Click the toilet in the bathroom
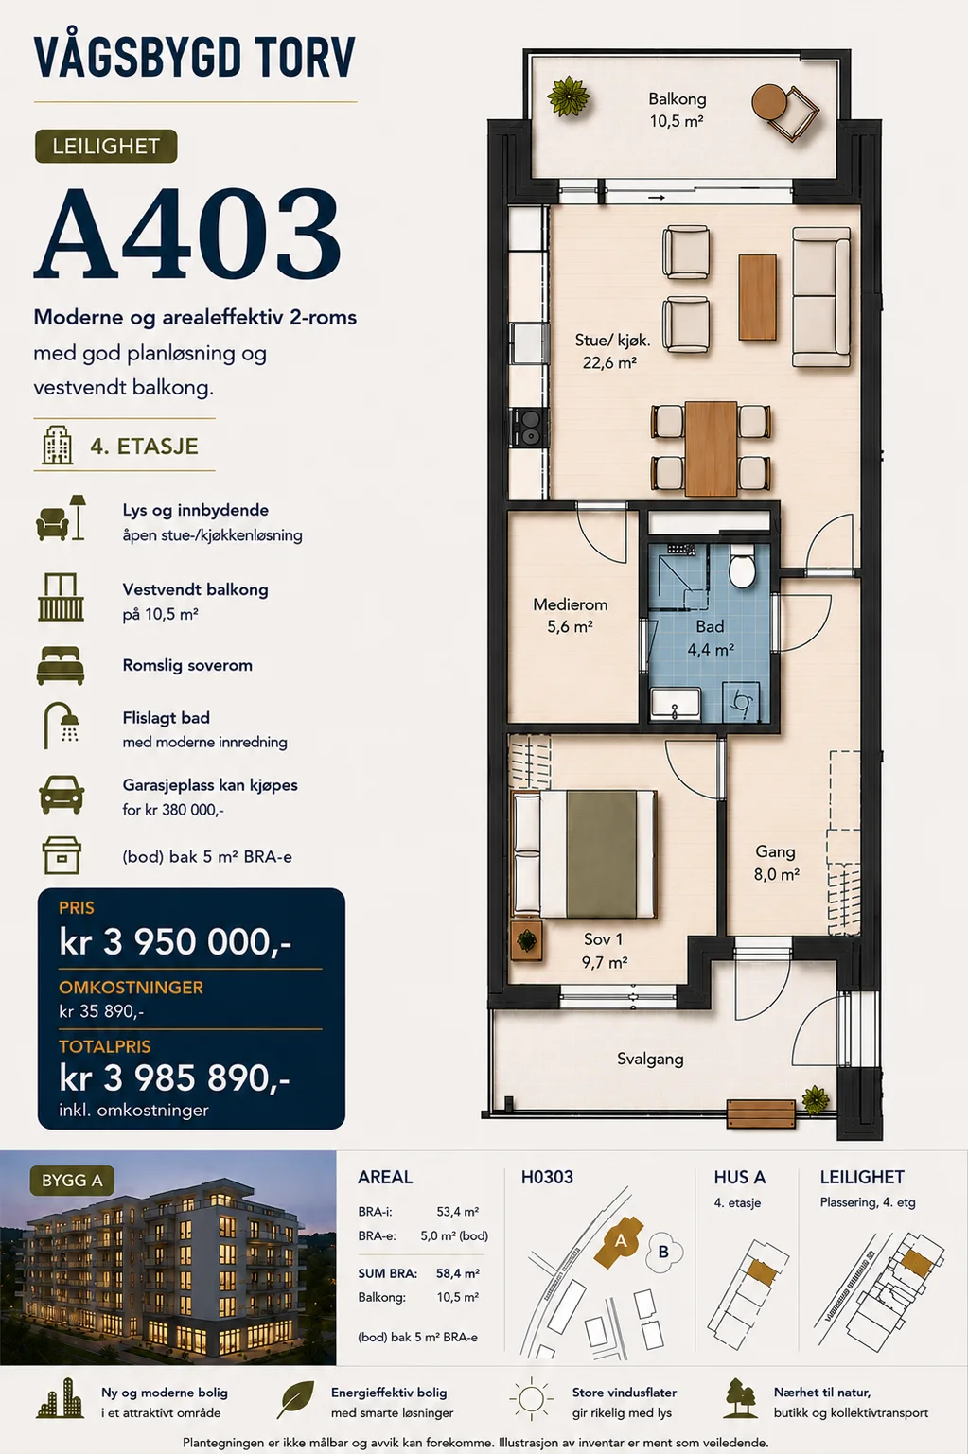741,566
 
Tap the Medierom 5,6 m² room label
570,615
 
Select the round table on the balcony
769,102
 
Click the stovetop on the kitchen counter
531,428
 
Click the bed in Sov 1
585,853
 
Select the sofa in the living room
821,297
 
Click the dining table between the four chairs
711,447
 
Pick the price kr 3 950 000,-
175,941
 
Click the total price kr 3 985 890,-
175,1078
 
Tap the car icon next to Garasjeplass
61,795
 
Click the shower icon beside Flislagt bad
62,725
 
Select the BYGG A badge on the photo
72,1180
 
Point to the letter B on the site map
663,1251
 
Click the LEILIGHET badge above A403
106,146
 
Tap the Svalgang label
650,1060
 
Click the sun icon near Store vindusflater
531,1400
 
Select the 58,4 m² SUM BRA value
458,1273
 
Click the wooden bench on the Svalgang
761,1115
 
